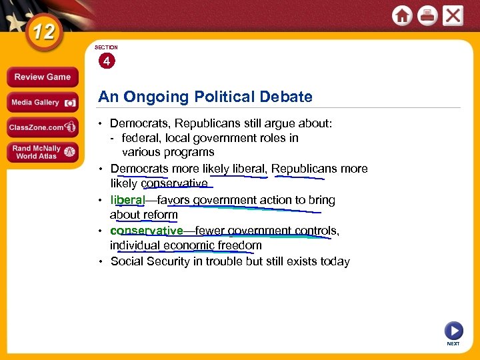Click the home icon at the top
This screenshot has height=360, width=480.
[402, 15]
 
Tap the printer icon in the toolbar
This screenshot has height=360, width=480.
[427, 15]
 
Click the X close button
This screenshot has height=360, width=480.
[453, 15]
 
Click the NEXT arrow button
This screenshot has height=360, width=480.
[453, 331]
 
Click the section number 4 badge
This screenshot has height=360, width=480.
[106, 61]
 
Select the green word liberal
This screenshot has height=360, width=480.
[127, 200]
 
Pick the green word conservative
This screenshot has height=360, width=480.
[147, 231]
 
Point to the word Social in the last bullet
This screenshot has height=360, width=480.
[127, 261]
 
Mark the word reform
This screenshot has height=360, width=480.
[159, 215]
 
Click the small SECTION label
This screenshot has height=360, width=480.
[106, 47]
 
